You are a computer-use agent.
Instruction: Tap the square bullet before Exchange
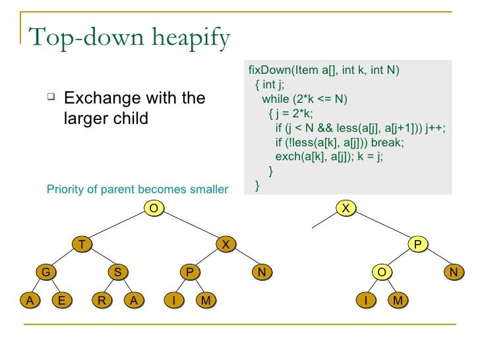[x=49, y=98]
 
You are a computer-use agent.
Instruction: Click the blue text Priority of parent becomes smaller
[x=137, y=190]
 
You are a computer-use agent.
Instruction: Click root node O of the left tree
[x=153, y=208]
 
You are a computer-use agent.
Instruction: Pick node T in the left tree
[x=82, y=245]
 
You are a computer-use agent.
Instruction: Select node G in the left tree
[x=45, y=272]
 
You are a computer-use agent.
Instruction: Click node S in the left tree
[x=117, y=272]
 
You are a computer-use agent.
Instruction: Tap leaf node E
[x=62, y=301]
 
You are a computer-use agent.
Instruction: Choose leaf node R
[x=101, y=301]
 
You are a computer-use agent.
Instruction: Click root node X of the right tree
[x=345, y=208]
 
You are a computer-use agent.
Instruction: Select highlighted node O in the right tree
[x=381, y=272]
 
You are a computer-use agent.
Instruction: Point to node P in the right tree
[x=417, y=245]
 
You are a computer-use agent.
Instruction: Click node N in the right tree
[x=453, y=272]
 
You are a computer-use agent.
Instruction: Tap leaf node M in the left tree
[x=206, y=301]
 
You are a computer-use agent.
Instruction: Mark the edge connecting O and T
[x=117, y=227]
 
